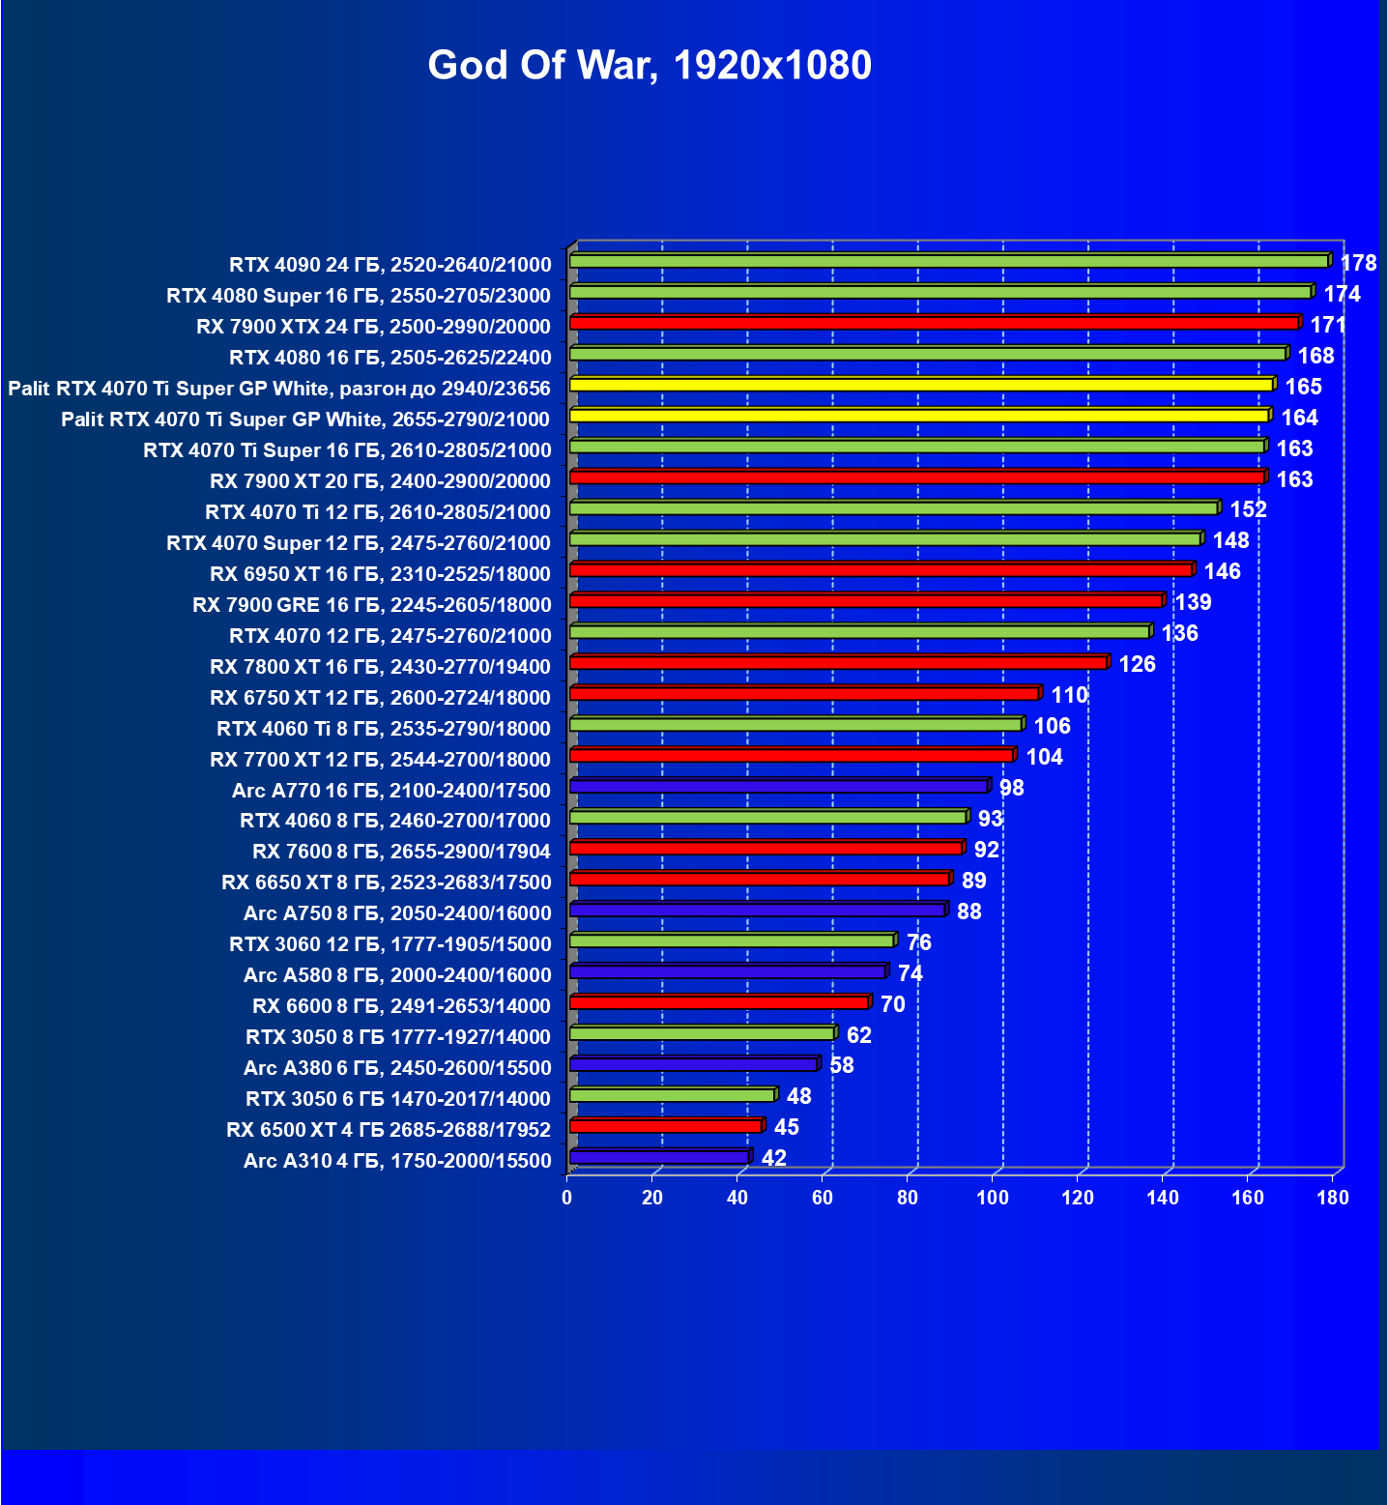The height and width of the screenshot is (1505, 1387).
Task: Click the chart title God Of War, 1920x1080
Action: click(x=650, y=66)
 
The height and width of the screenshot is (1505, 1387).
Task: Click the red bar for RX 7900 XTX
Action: click(x=934, y=323)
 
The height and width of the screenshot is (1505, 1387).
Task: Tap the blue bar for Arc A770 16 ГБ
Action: click(x=779, y=786)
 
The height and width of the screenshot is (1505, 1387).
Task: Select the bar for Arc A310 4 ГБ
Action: click(x=659, y=1157)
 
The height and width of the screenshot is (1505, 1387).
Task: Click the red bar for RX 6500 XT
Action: click(x=666, y=1126)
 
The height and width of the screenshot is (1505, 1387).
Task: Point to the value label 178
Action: click(x=1358, y=263)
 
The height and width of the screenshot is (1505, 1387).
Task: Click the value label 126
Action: click(x=1137, y=664)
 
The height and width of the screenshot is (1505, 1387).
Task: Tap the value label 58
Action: click(x=841, y=1065)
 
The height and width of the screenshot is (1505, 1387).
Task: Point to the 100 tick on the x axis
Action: click(x=993, y=1198)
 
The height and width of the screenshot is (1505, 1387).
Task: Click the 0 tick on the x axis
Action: click(x=567, y=1198)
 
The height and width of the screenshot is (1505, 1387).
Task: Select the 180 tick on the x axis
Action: click(x=1333, y=1198)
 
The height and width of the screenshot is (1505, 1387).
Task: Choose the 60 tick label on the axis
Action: click(x=823, y=1198)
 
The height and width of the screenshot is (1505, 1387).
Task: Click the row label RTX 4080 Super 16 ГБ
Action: click(x=359, y=296)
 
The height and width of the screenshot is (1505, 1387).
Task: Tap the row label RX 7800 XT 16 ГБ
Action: click(x=380, y=667)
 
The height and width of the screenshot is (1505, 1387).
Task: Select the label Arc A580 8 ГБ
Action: click(x=397, y=975)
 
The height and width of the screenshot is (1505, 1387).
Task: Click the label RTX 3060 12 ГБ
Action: click(x=390, y=944)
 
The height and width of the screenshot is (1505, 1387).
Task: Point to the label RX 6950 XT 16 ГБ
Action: click(x=380, y=574)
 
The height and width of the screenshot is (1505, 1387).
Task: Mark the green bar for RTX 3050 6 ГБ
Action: click(x=672, y=1095)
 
